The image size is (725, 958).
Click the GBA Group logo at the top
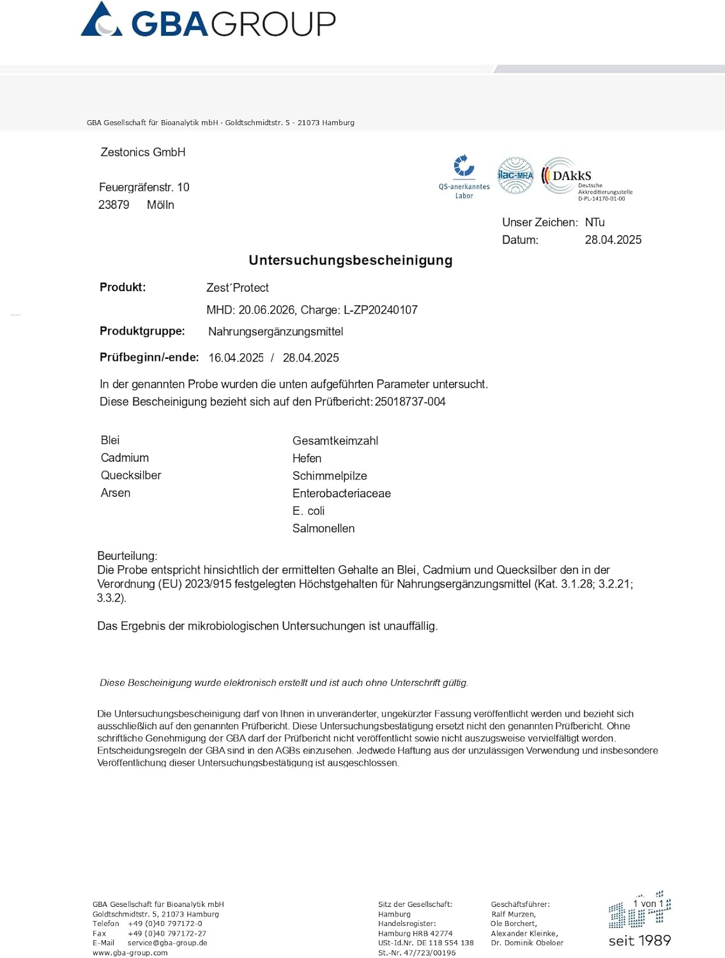pyautogui.click(x=208, y=21)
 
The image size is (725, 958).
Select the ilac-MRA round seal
pyautogui.click(x=515, y=175)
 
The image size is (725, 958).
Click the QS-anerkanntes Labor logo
pyautogui.click(x=464, y=176)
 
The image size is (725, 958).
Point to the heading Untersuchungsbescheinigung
pyautogui.click(x=350, y=260)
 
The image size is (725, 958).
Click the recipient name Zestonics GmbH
pyautogui.click(x=143, y=152)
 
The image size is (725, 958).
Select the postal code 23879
pyautogui.click(x=114, y=205)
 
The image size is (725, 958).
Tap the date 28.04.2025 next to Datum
pyautogui.click(x=613, y=240)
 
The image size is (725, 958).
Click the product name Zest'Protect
pyautogui.click(x=237, y=288)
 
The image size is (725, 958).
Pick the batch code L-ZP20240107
pyautogui.click(x=380, y=310)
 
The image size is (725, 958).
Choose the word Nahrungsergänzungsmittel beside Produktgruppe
pyautogui.click(x=275, y=331)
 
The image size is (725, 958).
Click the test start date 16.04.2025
pyautogui.click(x=236, y=358)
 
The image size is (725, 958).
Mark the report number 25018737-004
pyautogui.click(x=410, y=402)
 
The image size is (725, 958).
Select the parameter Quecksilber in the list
pyautogui.click(x=131, y=475)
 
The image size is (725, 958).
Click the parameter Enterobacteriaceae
pyautogui.click(x=341, y=493)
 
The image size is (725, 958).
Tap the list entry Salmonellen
pyautogui.click(x=323, y=528)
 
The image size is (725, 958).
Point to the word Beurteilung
pyautogui.click(x=127, y=556)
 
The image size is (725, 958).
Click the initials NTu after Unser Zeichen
pyautogui.click(x=595, y=222)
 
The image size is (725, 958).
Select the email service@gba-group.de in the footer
pyautogui.click(x=167, y=943)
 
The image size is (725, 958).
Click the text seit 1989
pyautogui.click(x=639, y=940)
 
